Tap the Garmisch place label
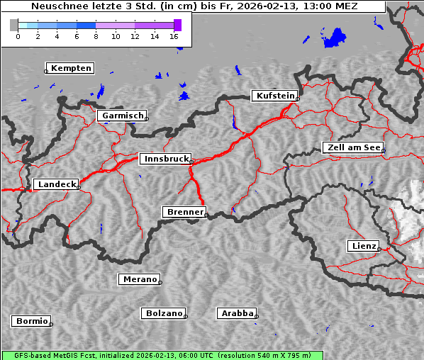click(x=123, y=116)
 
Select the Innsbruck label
click(x=165, y=159)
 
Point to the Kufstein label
click(x=274, y=96)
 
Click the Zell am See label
click(x=353, y=147)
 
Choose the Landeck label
click(x=56, y=184)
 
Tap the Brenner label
click(x=185, y=212)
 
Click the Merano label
click(x=139, y=279)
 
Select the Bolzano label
click(x=164, y=313)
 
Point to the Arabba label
click(x=237, y=313)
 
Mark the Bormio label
click(x=32, y=321)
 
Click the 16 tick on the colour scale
click(x=174, y=35)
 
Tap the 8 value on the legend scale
click(x=96, y=35)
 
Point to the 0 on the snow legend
click(x=18, y=35)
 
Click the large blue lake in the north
click(x=335, y=38)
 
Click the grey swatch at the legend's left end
click(x=14, y=25)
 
